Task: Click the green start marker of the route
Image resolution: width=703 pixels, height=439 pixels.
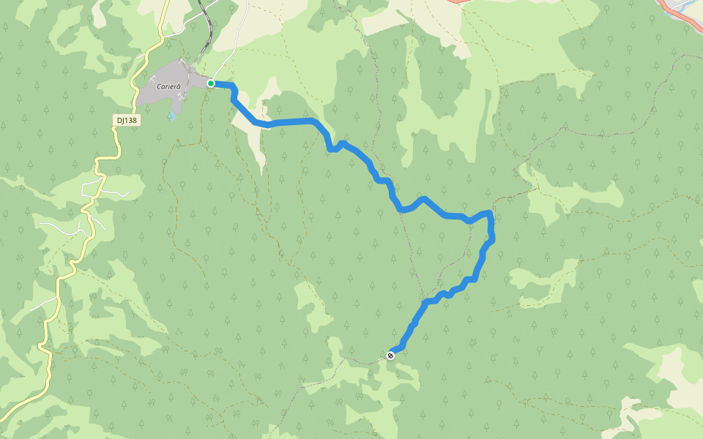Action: tap(211, 83)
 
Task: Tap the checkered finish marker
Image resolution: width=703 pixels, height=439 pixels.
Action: tap(391, 356)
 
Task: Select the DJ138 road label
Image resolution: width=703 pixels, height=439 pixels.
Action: tap(127, 120)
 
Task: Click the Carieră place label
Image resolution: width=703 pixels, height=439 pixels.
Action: tap(168, 86)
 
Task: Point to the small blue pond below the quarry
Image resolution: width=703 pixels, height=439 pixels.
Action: tap(171, 116)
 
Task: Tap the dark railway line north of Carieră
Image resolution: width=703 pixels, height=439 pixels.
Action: tap(208, 29)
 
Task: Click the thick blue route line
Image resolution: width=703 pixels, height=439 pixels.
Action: tap(293, 121)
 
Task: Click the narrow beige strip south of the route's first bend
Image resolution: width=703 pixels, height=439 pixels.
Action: tap(258, 150)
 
